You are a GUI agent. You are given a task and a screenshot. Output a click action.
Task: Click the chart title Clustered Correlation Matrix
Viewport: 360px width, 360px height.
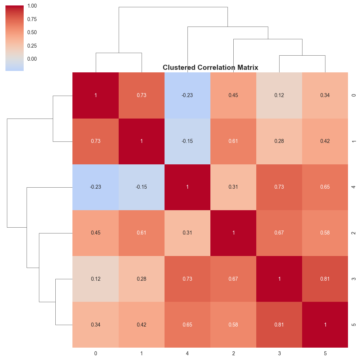tap(210, 68)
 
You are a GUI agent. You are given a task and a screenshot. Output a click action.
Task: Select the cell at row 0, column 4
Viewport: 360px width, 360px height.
tap(187, 95)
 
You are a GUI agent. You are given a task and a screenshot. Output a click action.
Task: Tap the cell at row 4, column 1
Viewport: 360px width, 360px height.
tap(141, 187)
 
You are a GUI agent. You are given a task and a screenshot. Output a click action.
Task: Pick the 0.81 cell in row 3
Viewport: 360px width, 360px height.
tap(325, 279)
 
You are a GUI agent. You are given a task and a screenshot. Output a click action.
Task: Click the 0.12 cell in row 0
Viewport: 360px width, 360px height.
tap(279, 95)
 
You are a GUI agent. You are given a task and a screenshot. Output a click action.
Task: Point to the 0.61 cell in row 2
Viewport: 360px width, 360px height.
tap(141, 233)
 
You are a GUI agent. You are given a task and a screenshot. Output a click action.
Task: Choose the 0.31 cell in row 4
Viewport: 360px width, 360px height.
tap(233, 187)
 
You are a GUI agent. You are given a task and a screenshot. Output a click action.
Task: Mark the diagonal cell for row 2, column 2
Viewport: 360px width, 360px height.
tap(233, 233)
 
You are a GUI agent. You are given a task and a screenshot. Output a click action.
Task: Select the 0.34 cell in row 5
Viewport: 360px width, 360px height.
tap(95, 325)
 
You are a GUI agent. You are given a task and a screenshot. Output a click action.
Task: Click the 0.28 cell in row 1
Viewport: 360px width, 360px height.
tap(279, 141)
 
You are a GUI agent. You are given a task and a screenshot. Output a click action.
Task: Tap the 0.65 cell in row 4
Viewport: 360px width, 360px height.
tap(325, 187)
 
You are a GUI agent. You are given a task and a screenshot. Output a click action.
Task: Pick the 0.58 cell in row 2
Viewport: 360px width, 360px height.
tap(325, 233)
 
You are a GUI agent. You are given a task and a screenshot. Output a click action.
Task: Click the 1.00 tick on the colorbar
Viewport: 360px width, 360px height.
tap(32, 6)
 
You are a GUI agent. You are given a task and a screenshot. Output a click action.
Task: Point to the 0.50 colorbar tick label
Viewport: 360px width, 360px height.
tap(32, 32)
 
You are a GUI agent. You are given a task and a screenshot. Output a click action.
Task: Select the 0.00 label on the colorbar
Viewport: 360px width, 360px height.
tap(32, 59)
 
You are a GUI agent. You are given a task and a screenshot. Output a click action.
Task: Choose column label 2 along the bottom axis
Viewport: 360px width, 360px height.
tap(233, 353)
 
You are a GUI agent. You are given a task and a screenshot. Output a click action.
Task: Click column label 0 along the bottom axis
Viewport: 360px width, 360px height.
tap(95, 353)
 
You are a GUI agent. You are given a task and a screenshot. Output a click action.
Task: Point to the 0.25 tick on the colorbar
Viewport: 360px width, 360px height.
tap(32, 46)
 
